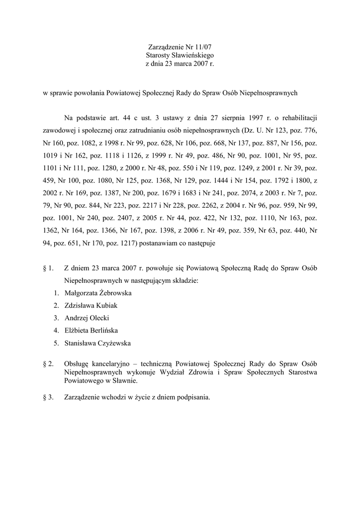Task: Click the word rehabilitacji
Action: click(297, 118)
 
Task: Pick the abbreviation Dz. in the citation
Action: click(249, 131)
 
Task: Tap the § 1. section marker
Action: click(48, 268)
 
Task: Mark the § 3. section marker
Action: click(48, 397)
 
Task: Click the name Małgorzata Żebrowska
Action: click(98, 293)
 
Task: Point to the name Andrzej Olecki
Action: click(87, 318)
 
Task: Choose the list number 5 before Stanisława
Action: click(56, 343)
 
